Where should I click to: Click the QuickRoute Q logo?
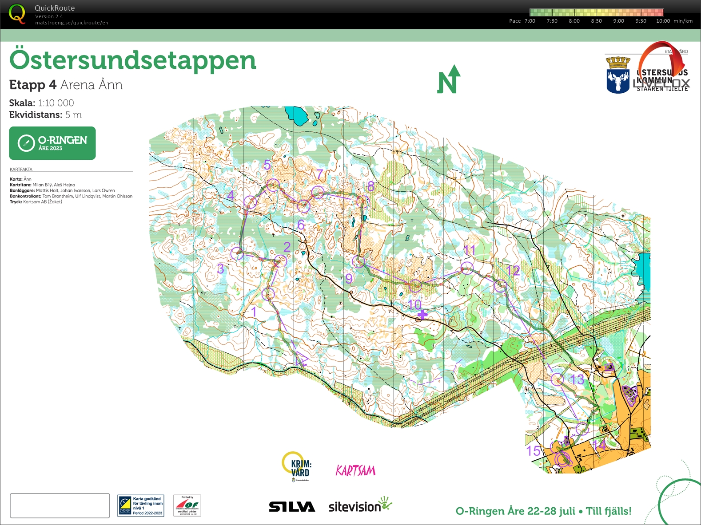click(x=17, y=14)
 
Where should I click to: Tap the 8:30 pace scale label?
click(x=596, y=21)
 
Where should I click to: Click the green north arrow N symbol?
click(x=449, y=80)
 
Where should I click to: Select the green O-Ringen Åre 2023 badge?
click(x=52, y=143)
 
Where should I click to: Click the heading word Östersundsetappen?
click(x=133, y=60)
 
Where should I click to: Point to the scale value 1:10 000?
click(x=56, y=103)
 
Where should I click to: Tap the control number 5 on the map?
click(x=267, y=165)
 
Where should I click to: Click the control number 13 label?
click(x=577, y=379)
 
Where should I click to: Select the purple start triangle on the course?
click(x=302, y=359)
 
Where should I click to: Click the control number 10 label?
click(x=414, y=304)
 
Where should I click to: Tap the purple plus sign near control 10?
click(x=422, y=315)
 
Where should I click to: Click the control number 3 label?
click(x=220, y=268)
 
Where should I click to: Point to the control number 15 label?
click(x=533, y=451)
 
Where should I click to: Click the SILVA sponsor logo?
click(x=292, y=506)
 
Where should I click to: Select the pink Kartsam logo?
click(x=355, y=470)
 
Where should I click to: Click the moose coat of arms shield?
click(x=618, y=76)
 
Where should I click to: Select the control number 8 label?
click(x=371, y=187)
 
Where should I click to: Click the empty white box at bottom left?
click(x=60, y=505)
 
